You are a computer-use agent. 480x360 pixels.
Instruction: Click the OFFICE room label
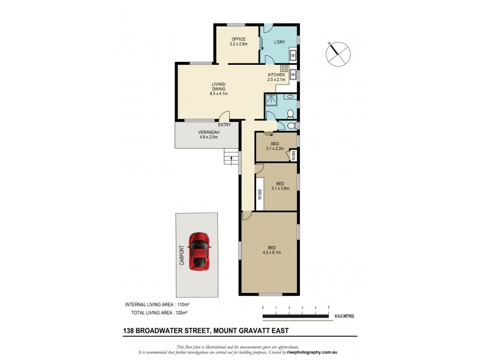[x=238, y=40]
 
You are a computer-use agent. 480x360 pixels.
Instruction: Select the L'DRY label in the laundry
[x=279, y=42]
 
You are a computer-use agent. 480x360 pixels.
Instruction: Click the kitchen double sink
[x=294, y=74]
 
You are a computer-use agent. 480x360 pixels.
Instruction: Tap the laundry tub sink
[x=293, y=56]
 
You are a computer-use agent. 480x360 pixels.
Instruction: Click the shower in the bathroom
[x=272, y=99]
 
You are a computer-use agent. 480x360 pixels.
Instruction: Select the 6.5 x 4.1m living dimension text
[x=218, y=94]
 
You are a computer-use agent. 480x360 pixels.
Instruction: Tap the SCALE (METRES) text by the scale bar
[x=343, y=316]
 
